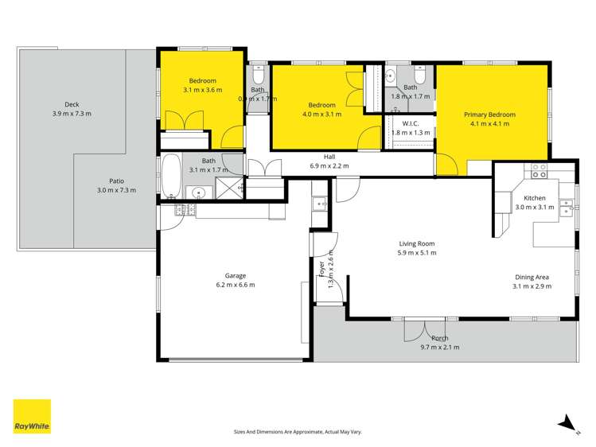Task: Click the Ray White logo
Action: (32, 417)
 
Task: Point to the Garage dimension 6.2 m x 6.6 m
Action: (235, 285)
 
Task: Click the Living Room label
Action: (417, 243)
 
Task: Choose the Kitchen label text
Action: (534, 197)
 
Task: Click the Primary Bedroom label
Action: (489, 115)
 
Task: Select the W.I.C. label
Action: (411, 123)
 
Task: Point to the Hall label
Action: (329, 157)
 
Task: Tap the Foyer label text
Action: (322, 270)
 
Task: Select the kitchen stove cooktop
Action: (540, 169)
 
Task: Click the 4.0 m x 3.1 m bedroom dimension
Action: (321, 114)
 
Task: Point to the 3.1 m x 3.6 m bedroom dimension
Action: (201, 90)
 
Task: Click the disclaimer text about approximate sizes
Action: (298, 432)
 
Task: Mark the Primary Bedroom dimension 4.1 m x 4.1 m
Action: (489, 124)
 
